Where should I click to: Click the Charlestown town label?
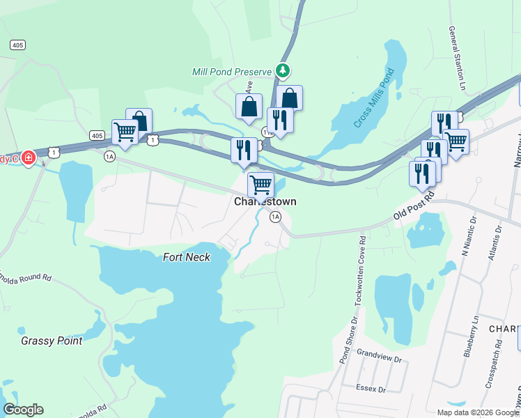pos(265,201)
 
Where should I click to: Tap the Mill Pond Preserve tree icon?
pos(282,70)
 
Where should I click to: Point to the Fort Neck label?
pos(186,257)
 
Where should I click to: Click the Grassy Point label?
pos(52,341)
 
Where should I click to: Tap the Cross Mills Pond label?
pos(373,98)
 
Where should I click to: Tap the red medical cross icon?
pos(28,158)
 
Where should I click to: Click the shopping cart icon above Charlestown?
pos(260,185)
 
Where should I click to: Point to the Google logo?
pos(23,410)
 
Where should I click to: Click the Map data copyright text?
pos(478,412)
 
